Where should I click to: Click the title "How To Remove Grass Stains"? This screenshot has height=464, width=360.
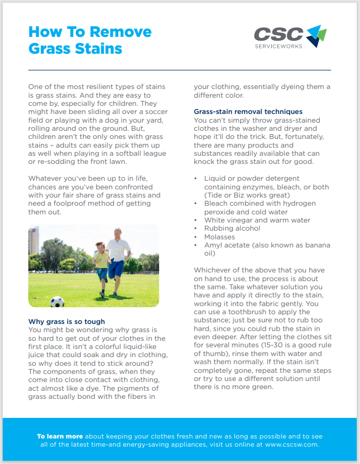(90, 40)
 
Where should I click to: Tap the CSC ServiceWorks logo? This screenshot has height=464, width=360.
(290, 36)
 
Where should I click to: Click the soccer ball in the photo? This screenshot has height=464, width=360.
(57, 301)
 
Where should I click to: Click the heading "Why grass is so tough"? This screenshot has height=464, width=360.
(67, 322)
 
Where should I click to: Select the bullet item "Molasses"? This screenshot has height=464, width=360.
(220, 237)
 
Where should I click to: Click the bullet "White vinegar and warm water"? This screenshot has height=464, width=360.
(257, 220)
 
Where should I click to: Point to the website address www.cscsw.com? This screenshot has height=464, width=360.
(292, 444)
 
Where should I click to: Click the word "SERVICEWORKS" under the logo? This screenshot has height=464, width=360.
(278, 47)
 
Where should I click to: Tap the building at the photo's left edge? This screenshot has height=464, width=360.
(33, 241)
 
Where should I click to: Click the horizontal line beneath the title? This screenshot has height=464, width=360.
(179, 70)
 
